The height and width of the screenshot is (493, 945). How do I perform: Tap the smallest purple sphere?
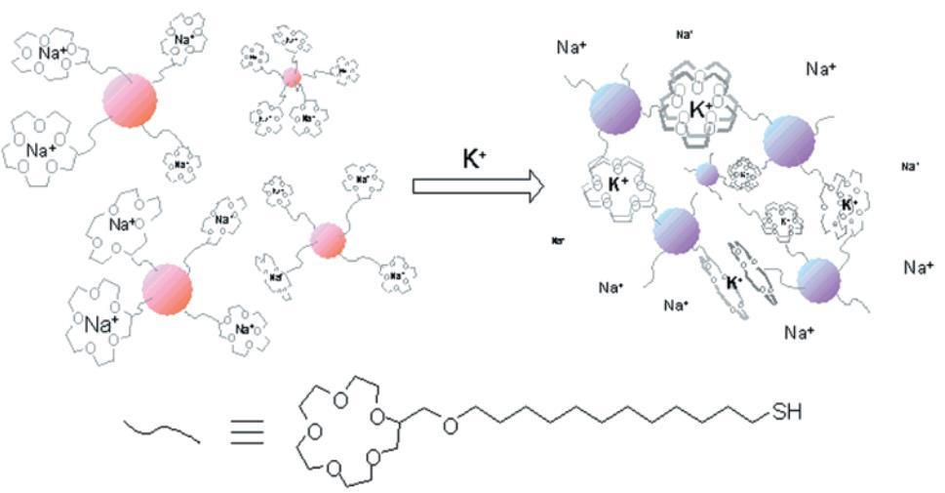(708, 174)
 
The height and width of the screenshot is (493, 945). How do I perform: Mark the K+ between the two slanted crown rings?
(737, 283)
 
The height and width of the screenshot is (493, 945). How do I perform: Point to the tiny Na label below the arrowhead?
(558, 239)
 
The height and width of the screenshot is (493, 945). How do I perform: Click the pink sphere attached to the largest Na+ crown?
(167, 289)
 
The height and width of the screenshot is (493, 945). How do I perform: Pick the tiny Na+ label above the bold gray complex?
(685, 34)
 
